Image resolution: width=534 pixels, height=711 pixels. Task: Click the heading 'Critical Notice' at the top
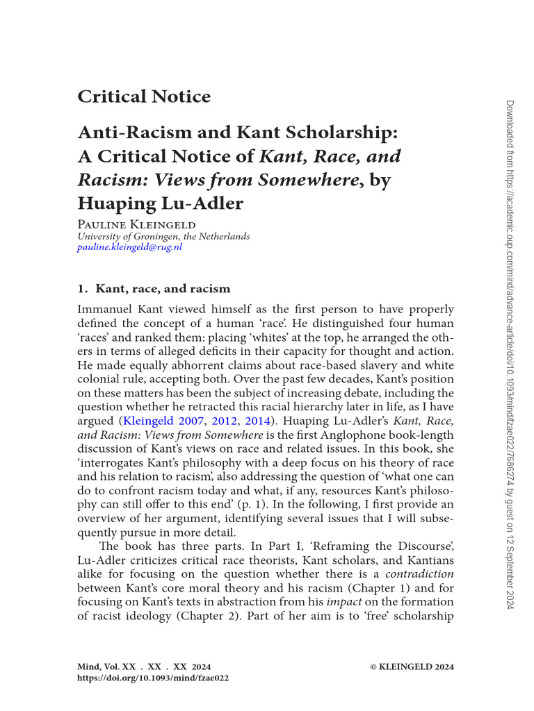point(144,97)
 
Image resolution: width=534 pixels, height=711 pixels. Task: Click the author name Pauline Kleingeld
point(136,224)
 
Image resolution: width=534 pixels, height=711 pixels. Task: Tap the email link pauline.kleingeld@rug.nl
point(129,247)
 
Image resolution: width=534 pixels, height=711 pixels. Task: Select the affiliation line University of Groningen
point(163,236)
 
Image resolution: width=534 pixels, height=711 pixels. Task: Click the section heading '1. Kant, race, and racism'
point(154,288)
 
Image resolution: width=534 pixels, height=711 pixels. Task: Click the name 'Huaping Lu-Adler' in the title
point(161,203)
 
